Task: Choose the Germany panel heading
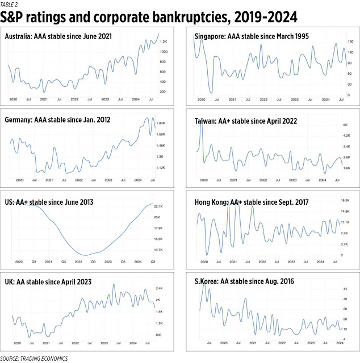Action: click(x=57, y=120)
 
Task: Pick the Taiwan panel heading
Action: click(x=246, y=121)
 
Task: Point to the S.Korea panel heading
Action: click(x=244, y=281)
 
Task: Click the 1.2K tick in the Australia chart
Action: click(x=163, y=42)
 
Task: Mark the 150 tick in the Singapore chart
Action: click(x=351, y=42)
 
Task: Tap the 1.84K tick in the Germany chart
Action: click(x=161, y=123)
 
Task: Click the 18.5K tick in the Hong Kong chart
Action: click(x=345, y=201)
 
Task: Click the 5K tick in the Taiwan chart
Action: click(x=345, y=125)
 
